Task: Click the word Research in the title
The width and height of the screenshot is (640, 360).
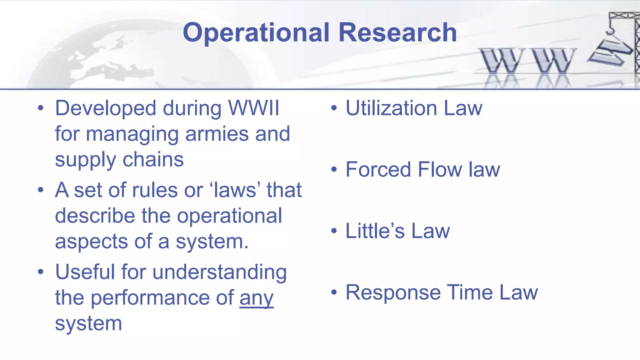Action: [x=397, y=32]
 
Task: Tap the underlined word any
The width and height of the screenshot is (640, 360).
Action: [x=256, y=298]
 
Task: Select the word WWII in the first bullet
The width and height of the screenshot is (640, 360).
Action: [x=253, y=108]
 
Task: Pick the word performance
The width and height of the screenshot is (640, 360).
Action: [x=162, y=298]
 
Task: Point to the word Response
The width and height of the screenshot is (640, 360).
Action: [x=393, y=293]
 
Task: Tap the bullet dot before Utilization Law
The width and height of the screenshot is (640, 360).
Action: [x=334, y=108]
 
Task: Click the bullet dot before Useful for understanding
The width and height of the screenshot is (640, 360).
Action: [x=40, y=272]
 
